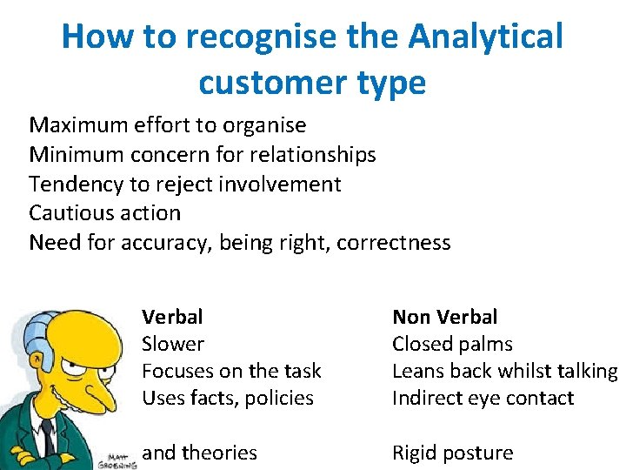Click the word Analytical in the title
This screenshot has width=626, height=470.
tap(486, 37)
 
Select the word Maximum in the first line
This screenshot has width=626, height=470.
tap(79, 126)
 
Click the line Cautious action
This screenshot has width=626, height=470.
tap(105, 213)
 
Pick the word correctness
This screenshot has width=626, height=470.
tap(394, 242)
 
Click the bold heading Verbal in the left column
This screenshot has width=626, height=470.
tap(172, 317)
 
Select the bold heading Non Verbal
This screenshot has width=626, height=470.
tap(445, 317)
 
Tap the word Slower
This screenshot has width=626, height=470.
tap(173, 344)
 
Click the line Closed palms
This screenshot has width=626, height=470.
tap(452, 344)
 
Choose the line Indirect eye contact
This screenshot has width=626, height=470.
tap(483, 398)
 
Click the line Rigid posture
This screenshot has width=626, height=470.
tap(452, 453)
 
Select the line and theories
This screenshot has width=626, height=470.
tap(199, 453)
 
